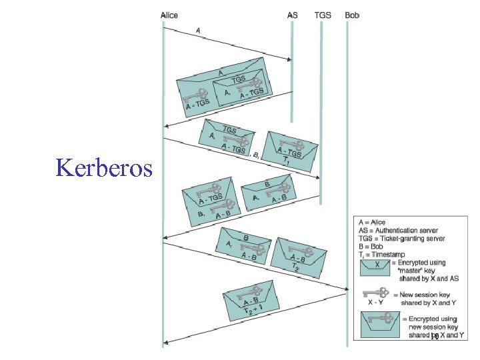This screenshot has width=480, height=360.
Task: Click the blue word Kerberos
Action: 105,167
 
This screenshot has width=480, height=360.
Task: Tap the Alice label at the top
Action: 169,15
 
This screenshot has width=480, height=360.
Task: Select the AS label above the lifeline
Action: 293,15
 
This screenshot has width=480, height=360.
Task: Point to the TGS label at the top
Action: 322,15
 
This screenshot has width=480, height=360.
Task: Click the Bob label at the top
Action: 352,15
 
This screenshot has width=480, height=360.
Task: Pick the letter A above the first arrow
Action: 198,30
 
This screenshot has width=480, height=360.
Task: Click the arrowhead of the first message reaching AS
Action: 289,60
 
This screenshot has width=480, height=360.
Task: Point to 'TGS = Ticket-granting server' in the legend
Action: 402,239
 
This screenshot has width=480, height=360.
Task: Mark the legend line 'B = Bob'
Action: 371,247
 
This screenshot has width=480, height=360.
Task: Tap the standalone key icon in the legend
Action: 375,293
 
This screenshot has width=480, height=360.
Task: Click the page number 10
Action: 434,337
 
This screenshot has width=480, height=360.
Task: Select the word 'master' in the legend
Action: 411,271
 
